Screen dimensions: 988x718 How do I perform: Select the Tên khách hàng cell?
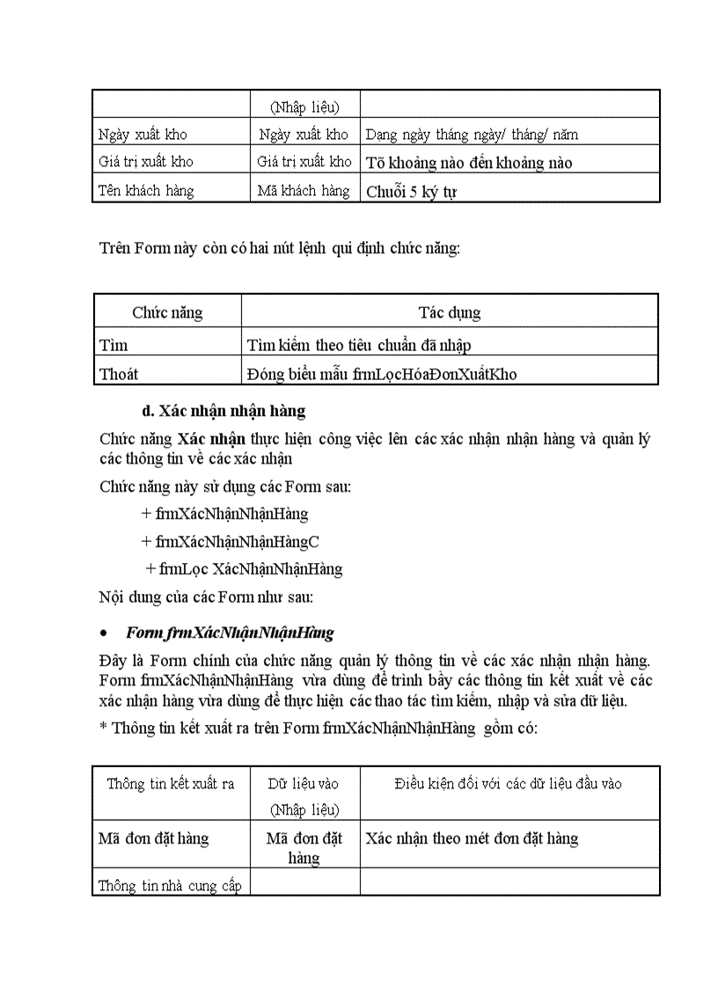point(146,191)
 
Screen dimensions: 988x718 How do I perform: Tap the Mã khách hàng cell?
point(304,191)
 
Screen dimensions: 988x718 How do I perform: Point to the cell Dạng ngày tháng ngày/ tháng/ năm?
point(472,135)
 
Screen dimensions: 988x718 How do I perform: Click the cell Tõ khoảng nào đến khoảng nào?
point(469,163)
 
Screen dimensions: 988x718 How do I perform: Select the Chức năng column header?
point(167,312)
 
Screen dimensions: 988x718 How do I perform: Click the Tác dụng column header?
point(449,312)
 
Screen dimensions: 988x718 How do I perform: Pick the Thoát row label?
point(119,374)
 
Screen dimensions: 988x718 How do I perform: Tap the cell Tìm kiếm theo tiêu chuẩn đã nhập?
point(365,346)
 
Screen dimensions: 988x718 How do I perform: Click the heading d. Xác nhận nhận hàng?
point(223,411)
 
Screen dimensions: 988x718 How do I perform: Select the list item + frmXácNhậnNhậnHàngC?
point(230,541)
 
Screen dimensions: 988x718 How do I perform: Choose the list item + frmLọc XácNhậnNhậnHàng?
point(244,568)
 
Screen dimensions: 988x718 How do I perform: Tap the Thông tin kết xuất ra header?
point(171,784)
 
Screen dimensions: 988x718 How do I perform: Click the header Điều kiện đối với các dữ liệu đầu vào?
point(509,784)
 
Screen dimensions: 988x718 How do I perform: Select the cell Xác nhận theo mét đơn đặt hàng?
point(472,838)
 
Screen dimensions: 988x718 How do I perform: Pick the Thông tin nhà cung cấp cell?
point(170,886)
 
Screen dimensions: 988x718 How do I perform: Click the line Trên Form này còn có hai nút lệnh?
point(279,249)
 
